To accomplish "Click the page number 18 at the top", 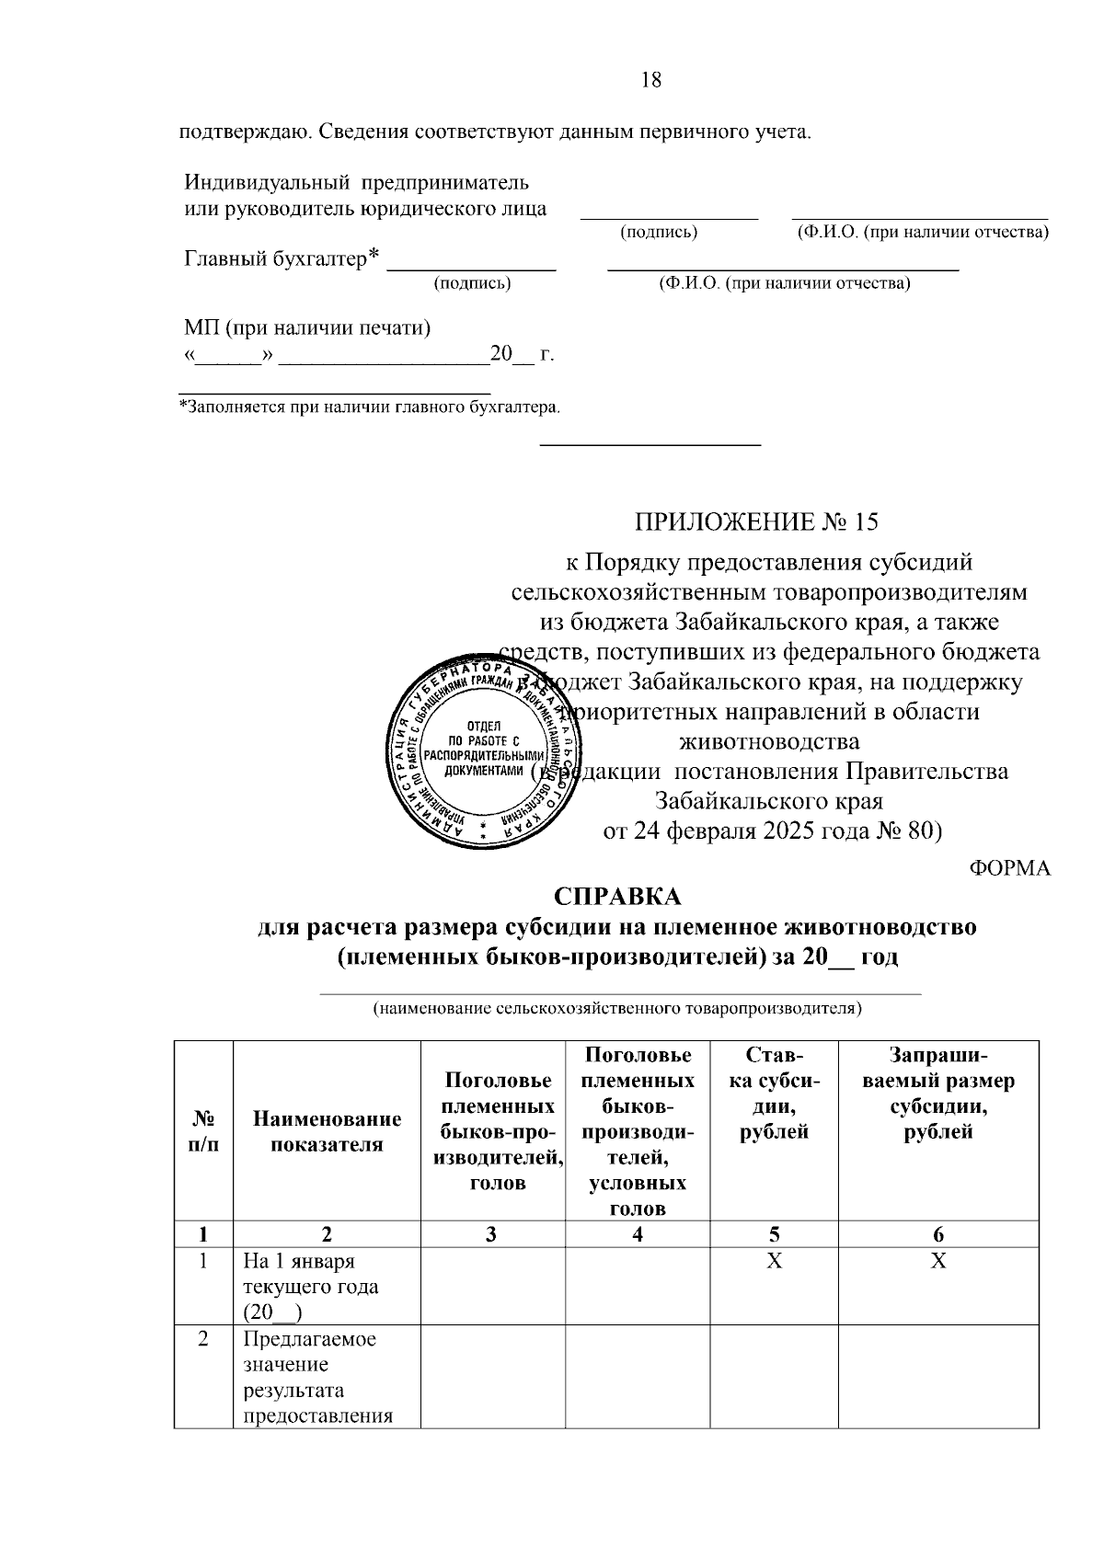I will (x=650, y=80).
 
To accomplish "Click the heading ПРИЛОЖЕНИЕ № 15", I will (x=756, y=522).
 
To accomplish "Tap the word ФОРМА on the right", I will (x=1010, y=868).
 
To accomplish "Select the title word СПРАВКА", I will (x=617, y=897).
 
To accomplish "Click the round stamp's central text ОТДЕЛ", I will (x=484, y=726).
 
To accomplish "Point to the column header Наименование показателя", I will (x=328, y=1131).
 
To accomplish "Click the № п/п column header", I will (x=203, y=1131).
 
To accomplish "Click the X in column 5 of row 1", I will (x=775, y=1260).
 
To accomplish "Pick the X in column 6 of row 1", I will (x=937, y=1260).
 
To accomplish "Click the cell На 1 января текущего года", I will (x=310, y=1286).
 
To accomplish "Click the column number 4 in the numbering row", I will (x=638, y=1234).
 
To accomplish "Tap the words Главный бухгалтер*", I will (x=282, y=258).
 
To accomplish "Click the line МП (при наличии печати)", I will (x=307, y=327).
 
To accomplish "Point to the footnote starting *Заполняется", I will (x=369, y=407).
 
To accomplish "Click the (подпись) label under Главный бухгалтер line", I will (x=472, y=283).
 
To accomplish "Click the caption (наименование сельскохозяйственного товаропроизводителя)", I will (x=616, y=1009).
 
